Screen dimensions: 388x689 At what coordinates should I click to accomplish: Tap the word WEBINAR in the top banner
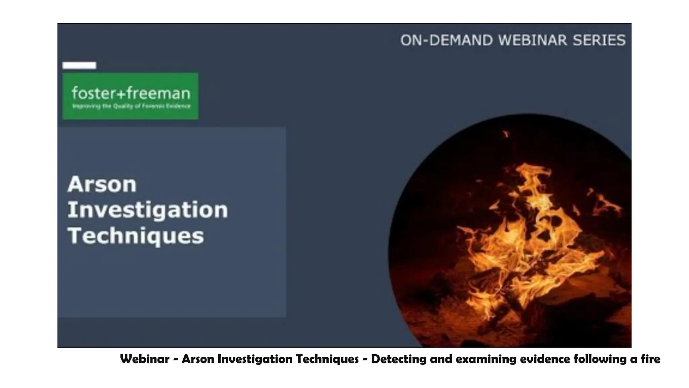(533, 40)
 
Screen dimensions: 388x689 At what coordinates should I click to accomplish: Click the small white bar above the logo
(79, 65)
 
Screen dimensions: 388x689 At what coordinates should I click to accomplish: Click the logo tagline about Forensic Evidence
(132, 106)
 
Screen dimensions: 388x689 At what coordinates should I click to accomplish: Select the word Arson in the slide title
(102, 184)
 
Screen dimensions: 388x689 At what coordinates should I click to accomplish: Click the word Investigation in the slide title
(148, 210)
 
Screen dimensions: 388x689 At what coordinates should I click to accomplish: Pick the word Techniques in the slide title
(136, 236)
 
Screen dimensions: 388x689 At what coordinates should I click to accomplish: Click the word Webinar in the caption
(145, 359)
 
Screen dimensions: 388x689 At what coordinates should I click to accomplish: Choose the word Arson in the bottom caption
(198, 359)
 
